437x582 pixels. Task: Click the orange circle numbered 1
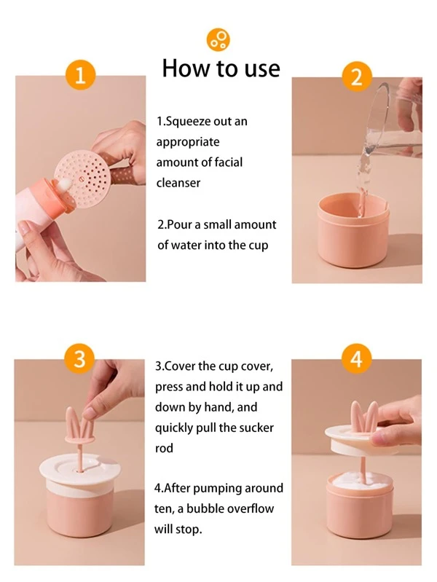coord(81,75)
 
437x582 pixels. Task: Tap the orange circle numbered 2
coord(356,76)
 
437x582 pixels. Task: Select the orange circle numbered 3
coord(79,360)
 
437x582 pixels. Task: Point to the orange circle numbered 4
coord(356,359)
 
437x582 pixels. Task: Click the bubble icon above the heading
coord(219,39)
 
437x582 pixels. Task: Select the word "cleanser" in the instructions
coord(178,183)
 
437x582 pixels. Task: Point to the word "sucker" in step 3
coord(256,428)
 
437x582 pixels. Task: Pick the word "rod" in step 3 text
coord(164,449)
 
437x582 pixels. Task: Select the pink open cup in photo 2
coord(353,229)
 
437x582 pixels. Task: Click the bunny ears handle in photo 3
coord(79,425)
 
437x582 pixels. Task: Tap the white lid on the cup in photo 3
coord(79,469)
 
